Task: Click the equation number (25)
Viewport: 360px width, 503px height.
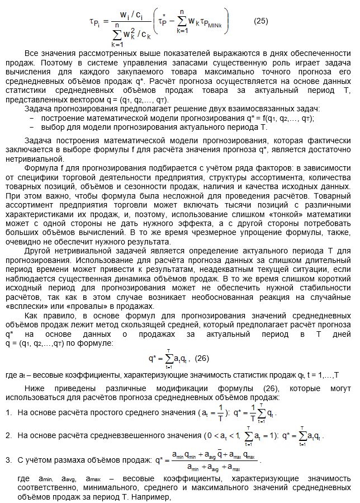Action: click(x=260, y=22)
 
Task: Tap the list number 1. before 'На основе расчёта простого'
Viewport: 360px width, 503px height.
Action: click(x=9, y=412)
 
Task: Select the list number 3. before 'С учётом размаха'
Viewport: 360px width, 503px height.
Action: click(x=9, y=460)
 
